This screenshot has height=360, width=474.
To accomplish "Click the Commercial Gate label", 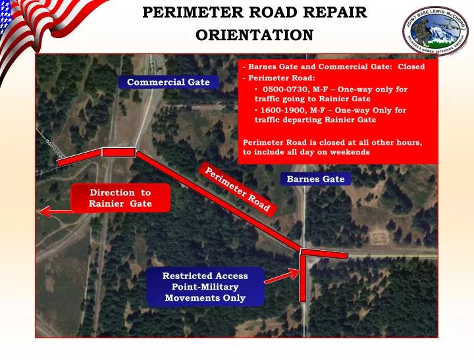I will pyautogui.click(x=168, y=82).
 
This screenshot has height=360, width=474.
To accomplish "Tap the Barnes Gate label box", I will pyautogui.click(x=315, y=179).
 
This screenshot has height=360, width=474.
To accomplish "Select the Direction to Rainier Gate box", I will pyautogui.click(x=120, y=198).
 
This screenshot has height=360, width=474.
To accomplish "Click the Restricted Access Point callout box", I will pyautogui.click(x=205, y=287).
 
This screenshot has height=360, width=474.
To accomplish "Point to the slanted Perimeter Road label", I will pyautogui.click(x=238, y=190).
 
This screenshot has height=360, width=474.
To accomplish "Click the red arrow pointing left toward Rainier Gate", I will pyautogui.click(x=56, y=211).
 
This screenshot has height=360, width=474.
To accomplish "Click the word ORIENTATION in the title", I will pyautogui.click(x=254, y=35).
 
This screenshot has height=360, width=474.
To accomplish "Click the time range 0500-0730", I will pyautogui.click(x=284, y=89).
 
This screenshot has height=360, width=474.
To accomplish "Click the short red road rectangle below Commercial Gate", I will pyautogui.click(x=118, y=152).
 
